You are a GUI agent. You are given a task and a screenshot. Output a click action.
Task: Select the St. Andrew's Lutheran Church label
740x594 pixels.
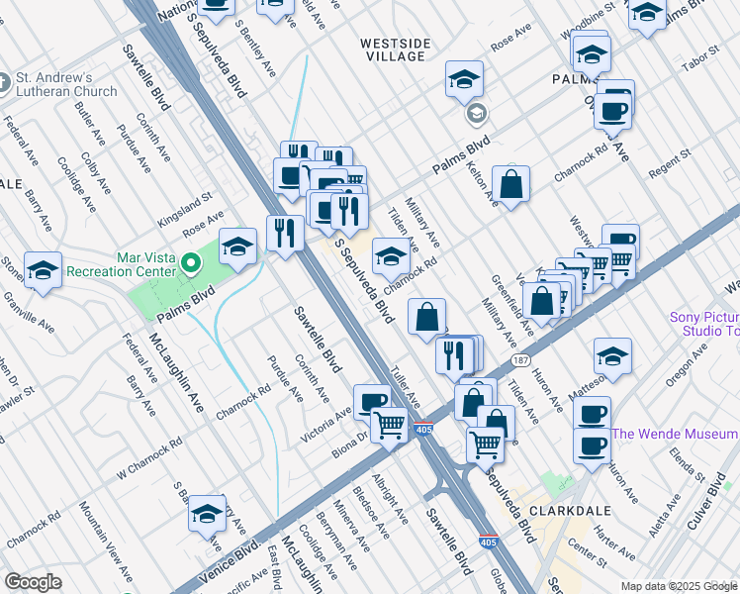pyautogui.click(x=65, y=84)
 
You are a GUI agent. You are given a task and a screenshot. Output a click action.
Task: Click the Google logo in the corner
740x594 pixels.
pyautogui.click(x=33, y=582)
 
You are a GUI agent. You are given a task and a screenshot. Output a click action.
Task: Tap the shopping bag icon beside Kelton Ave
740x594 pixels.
pyautogui.click(x=510, y=184)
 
